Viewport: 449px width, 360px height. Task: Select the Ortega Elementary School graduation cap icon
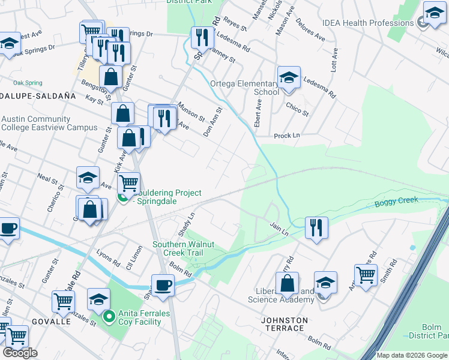tap(289, 77)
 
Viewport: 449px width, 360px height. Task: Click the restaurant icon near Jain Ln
tap(316, 227)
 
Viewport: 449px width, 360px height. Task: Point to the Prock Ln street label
tap(286, 136)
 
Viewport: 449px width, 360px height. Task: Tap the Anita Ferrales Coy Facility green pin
tap(109, 316)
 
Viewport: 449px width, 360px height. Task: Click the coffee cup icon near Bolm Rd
tap(163, 284)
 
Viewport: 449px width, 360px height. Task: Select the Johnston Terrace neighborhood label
tap(285, 324)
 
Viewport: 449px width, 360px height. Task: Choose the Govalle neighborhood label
tap(51, 322)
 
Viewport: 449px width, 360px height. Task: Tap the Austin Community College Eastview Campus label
tap(49, 123)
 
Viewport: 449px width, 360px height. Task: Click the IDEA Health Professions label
tap(368, 23)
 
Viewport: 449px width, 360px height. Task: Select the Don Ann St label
tap(212, 122)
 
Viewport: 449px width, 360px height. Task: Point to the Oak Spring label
tap(28, 82)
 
